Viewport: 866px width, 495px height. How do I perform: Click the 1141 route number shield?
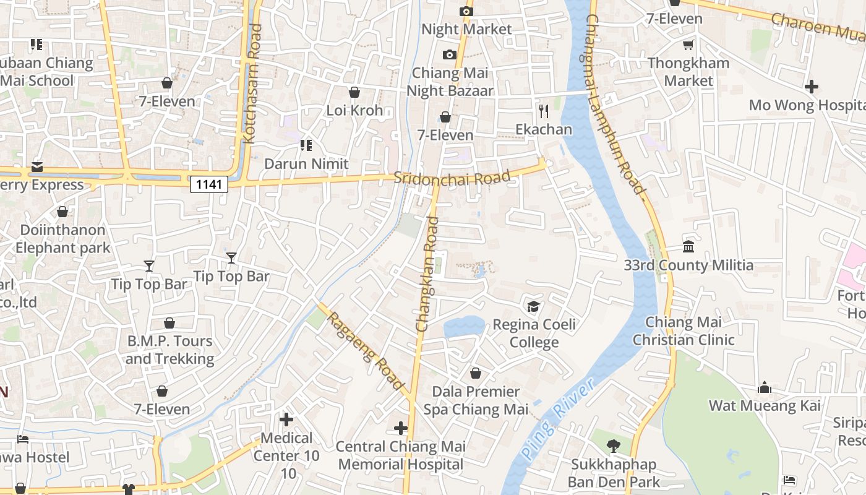tap(209, 184)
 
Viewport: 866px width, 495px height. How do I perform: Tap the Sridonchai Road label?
tap(452, 178)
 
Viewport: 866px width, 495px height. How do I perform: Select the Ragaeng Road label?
tap(365, 351)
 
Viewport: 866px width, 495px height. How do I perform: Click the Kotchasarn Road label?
tap(253, 84)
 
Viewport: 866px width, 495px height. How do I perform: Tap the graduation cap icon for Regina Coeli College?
tap(533, 306)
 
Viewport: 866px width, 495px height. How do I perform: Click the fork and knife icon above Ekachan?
tap(544, 111)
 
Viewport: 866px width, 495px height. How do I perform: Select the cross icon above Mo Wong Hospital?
tap(811, 87)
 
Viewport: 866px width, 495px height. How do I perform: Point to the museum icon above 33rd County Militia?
tap(688, 247)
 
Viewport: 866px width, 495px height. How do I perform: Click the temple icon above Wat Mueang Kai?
tap(765, 387)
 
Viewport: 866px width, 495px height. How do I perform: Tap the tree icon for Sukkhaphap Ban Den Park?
tap(613, 445)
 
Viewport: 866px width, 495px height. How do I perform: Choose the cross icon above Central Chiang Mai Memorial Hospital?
tap(400, 428)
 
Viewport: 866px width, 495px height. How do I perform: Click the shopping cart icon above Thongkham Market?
tap(688, 45)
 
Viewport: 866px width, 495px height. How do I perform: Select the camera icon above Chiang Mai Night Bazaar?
tap(450, 54)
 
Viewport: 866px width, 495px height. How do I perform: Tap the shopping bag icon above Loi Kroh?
tap(354, 93)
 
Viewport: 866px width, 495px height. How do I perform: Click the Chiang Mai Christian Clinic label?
tap(684, 331)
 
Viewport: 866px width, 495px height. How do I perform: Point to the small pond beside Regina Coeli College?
tap(464, 326)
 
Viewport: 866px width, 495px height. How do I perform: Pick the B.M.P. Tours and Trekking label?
tap(169, 350)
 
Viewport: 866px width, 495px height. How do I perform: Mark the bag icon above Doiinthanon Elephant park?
tap(62, 212)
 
